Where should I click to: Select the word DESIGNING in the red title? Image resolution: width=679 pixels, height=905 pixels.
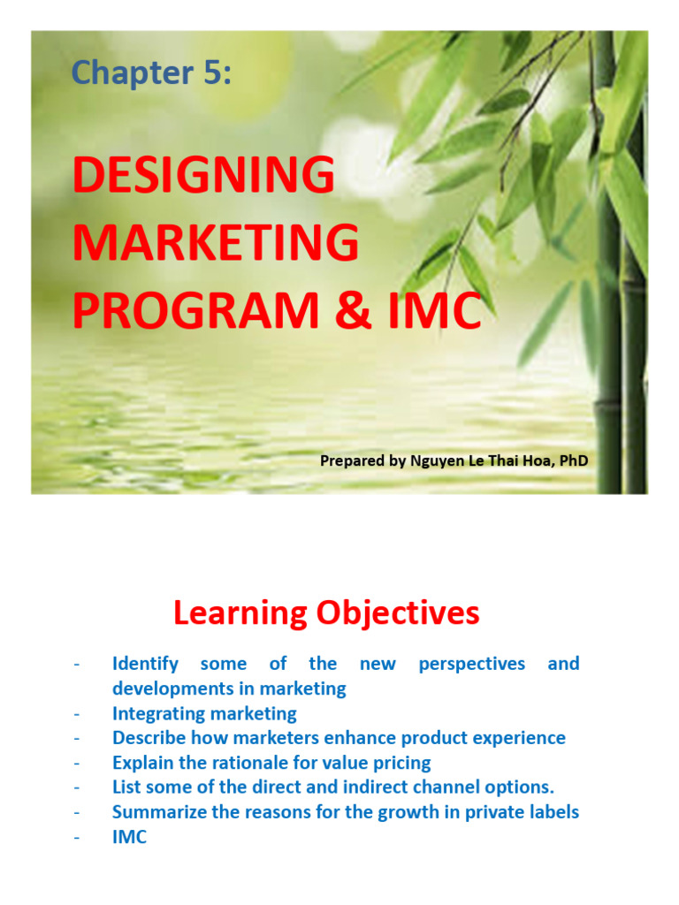[x=204, y=175]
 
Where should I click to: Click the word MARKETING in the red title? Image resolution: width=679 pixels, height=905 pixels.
[x=217, y=243]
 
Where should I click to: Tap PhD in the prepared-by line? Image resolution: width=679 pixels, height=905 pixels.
[x=570, y=460]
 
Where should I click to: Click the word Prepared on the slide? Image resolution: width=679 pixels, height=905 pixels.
[x=350, y=460]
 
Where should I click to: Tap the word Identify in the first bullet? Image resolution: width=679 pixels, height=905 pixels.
[x=145, y=664]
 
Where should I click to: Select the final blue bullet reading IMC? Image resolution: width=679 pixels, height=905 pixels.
[x=129, y=837]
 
